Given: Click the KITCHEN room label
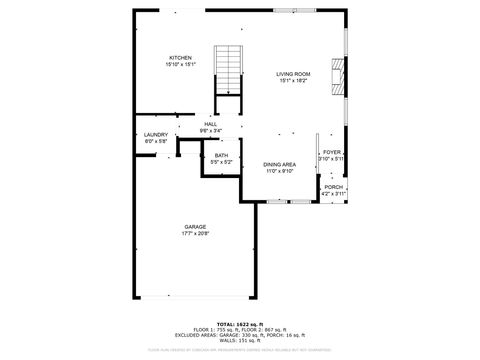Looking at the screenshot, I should pos(180,58).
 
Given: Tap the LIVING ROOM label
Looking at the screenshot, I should pos(293,74).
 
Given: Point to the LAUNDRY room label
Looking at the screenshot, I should pos(155,134).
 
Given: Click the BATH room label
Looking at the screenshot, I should pos(221,155).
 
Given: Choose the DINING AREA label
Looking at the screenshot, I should pos(279,164).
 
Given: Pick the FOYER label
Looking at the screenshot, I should pos(331,153).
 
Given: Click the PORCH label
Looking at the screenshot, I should pos(332,187).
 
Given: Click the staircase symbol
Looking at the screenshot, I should pos(229,70).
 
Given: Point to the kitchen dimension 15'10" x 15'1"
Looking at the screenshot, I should pos(180,65).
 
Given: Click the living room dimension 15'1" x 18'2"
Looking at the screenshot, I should pos(293,81).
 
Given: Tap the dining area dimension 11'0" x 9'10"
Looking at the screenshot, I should pos(279,171).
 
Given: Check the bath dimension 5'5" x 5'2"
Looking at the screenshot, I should pos(221,162).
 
